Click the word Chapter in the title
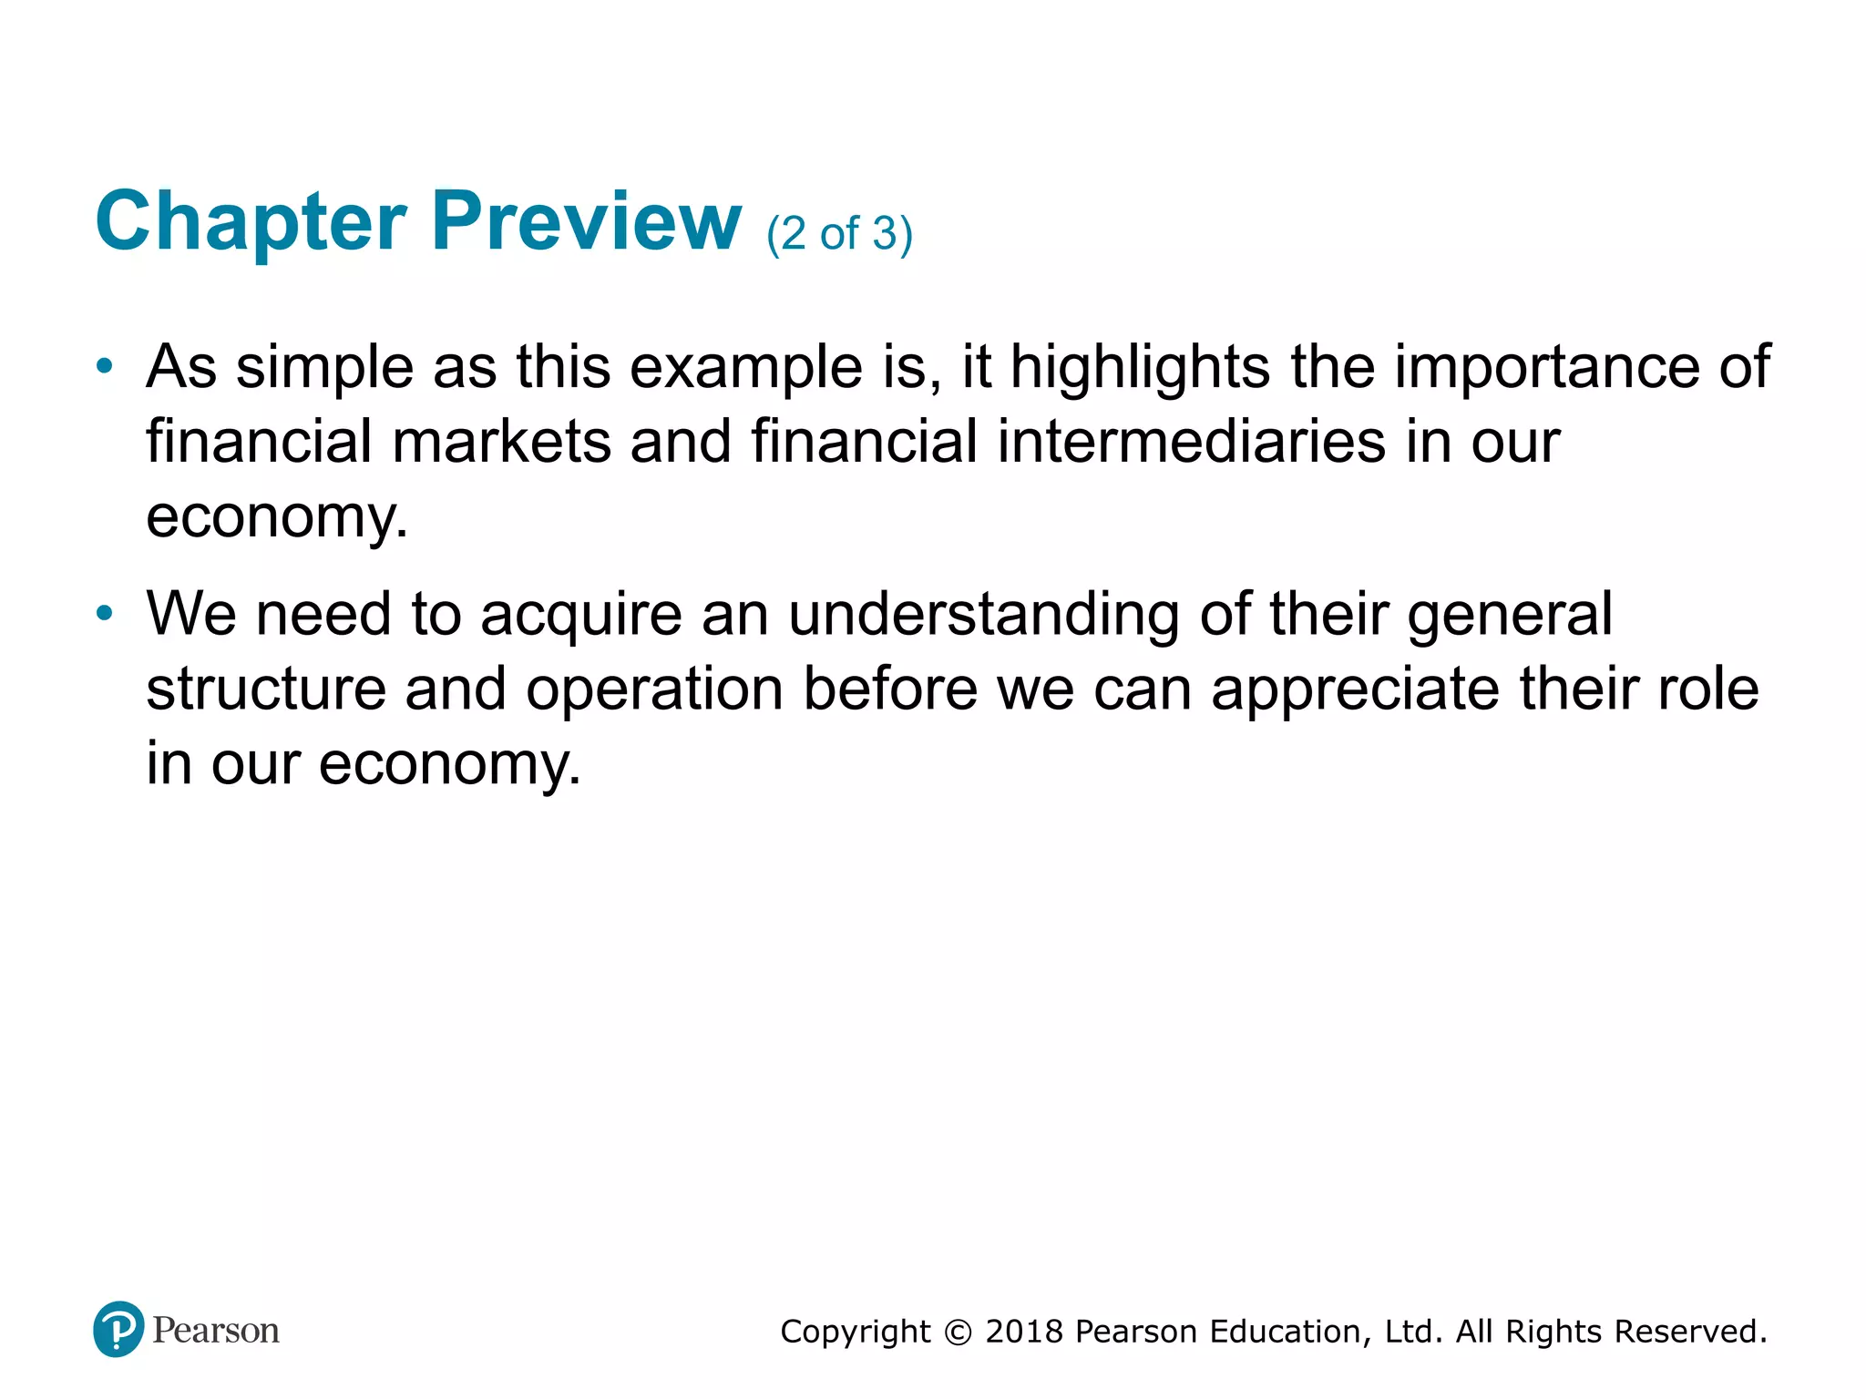pyautogui.click(x=251, y=223)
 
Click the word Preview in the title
pyautogui.click(x=586, y=223)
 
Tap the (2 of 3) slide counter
pyautogui.click(x=839, y=234)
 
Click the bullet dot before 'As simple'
pyautogui.click(x=105, y=367)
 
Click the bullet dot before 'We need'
pyautogui.click(x=105, y=614)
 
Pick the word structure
pyautogui.click(x=266, y=689)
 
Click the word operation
pyautogui.click(x=654, y=689)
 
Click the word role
pyautogui.click(x=1707, y=689)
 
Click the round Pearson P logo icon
pyautogui.click(x=118, y=1329)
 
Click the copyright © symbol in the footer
pyautogui.click(x=958, y=1333)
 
